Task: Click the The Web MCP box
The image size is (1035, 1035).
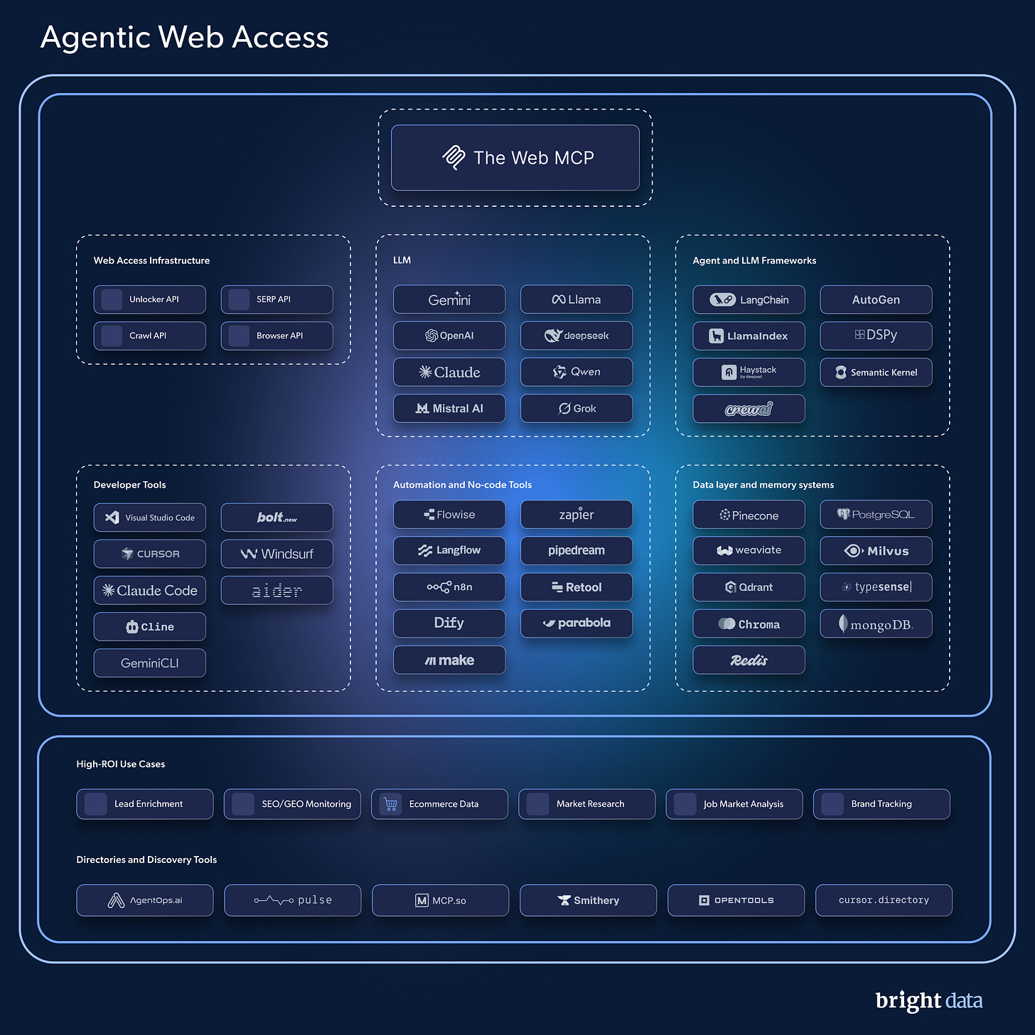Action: pos(515,158)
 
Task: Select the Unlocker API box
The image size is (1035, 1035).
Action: pos(149,299)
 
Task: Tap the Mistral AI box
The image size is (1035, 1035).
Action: pos(449,408)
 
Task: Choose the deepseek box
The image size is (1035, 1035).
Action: pos(577,336)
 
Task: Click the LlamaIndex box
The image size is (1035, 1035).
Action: pos(749,336)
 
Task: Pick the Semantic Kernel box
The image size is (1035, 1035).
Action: pos(876,372)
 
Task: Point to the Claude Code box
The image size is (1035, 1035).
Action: pos(149,590)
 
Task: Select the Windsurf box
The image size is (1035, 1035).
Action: pos(277,554)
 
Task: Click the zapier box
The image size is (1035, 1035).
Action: pos(577,514)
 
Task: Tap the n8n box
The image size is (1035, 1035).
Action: pos(449,586)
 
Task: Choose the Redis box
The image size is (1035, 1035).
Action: pos(749,660)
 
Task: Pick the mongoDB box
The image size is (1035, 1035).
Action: pos(876,623)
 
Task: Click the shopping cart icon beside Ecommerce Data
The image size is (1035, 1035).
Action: pos(390,804)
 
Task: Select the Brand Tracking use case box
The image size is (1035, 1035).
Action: pos(881,804)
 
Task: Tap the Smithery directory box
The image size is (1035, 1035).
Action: pos(588,900)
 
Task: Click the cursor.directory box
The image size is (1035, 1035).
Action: pos(884,900)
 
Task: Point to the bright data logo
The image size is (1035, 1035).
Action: pos(928,1000)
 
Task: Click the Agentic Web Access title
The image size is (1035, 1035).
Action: pos(184,37)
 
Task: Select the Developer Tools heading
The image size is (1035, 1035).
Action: pos(129,485)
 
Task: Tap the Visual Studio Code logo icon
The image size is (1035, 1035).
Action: pos(112,517)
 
